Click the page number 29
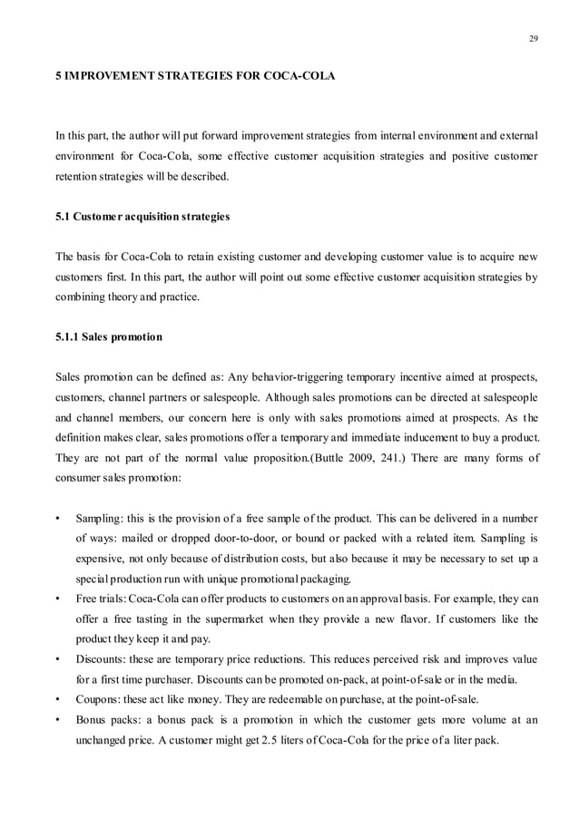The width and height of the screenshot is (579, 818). (x=531, y=38)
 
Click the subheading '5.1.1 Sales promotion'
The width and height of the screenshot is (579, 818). (x=109, y=337)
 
